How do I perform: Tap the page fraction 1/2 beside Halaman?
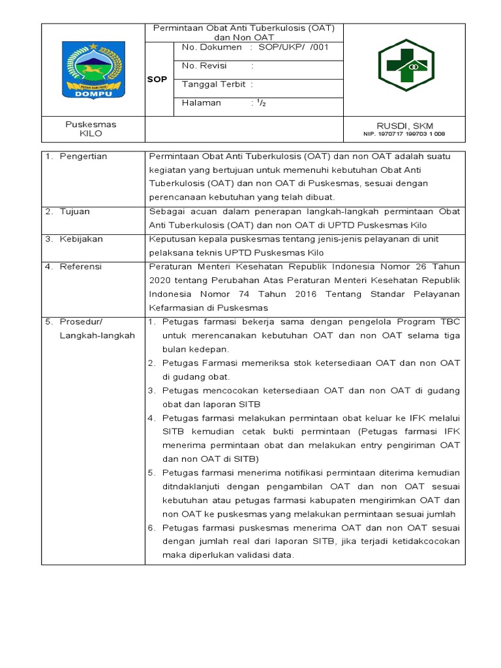tap(261, 103)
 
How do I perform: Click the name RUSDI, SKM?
tap(404, 125)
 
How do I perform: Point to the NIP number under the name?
tap(404, 134)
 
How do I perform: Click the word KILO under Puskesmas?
tap(91, 134)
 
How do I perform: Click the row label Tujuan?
tap(75, 212)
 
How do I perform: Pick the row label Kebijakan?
tap(82, 239)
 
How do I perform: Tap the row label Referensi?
tap(82, 267)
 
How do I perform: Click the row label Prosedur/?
tap(82, 322)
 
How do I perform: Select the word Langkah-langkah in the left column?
tap(97, 335)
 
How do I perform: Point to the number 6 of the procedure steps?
tap(150, 528)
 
